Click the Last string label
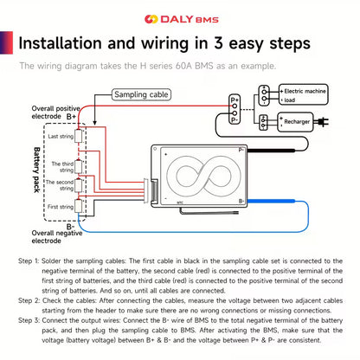click(x=61, y=137)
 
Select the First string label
click(x=61, y=207)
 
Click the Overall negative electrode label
click(x=55, y=237)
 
